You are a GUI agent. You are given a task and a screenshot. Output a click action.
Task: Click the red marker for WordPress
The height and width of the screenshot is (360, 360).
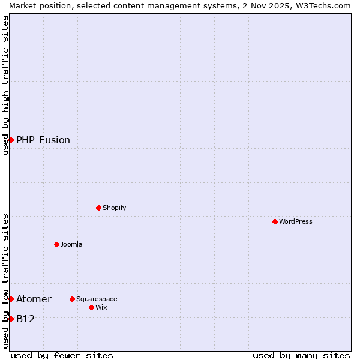coord(275,221)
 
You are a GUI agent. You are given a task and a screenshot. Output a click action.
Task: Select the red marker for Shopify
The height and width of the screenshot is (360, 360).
coord(98,208)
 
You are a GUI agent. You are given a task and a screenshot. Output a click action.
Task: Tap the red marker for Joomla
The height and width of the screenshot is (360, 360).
coord(56,244)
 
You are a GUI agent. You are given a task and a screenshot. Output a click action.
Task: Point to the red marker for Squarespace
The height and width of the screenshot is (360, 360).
coord(72,299)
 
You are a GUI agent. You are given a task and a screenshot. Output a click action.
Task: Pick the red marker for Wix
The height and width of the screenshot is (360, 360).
coord(91,307)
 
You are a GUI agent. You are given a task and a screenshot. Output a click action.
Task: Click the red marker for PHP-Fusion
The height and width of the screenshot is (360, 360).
coord(11,140)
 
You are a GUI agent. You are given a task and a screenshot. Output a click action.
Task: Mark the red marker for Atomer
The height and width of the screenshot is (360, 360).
coord(11,299)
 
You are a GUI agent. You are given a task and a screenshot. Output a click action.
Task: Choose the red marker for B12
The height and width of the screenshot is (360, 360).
coord(11,319)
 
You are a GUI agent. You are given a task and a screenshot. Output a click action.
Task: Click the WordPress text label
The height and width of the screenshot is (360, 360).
coord(296,221)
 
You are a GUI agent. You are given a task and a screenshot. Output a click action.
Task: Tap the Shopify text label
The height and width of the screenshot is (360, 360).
coord(114,208)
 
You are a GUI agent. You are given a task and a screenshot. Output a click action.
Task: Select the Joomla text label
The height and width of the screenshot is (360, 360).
coord(71,244)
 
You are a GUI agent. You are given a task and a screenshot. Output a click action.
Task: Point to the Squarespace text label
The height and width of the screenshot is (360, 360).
coord(97,299)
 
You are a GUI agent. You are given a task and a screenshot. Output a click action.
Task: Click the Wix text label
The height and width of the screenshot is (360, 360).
coord(101,307)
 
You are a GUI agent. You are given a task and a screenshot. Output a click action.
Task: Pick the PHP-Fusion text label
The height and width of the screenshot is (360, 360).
coord(43,140)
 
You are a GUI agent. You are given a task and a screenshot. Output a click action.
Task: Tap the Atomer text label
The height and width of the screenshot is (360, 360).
coord(34,299)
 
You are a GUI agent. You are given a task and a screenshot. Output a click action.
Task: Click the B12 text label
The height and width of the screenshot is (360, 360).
coord(25,319)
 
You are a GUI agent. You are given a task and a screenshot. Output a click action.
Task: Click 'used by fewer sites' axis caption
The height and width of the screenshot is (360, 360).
coord(62,355)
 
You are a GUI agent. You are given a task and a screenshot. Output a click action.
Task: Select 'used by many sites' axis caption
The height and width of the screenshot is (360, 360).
coord(301,355)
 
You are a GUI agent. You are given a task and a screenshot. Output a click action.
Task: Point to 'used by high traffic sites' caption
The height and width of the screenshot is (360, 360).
coord(6,85)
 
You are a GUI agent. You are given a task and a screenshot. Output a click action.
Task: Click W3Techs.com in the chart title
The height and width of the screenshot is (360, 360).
coord(322,5)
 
